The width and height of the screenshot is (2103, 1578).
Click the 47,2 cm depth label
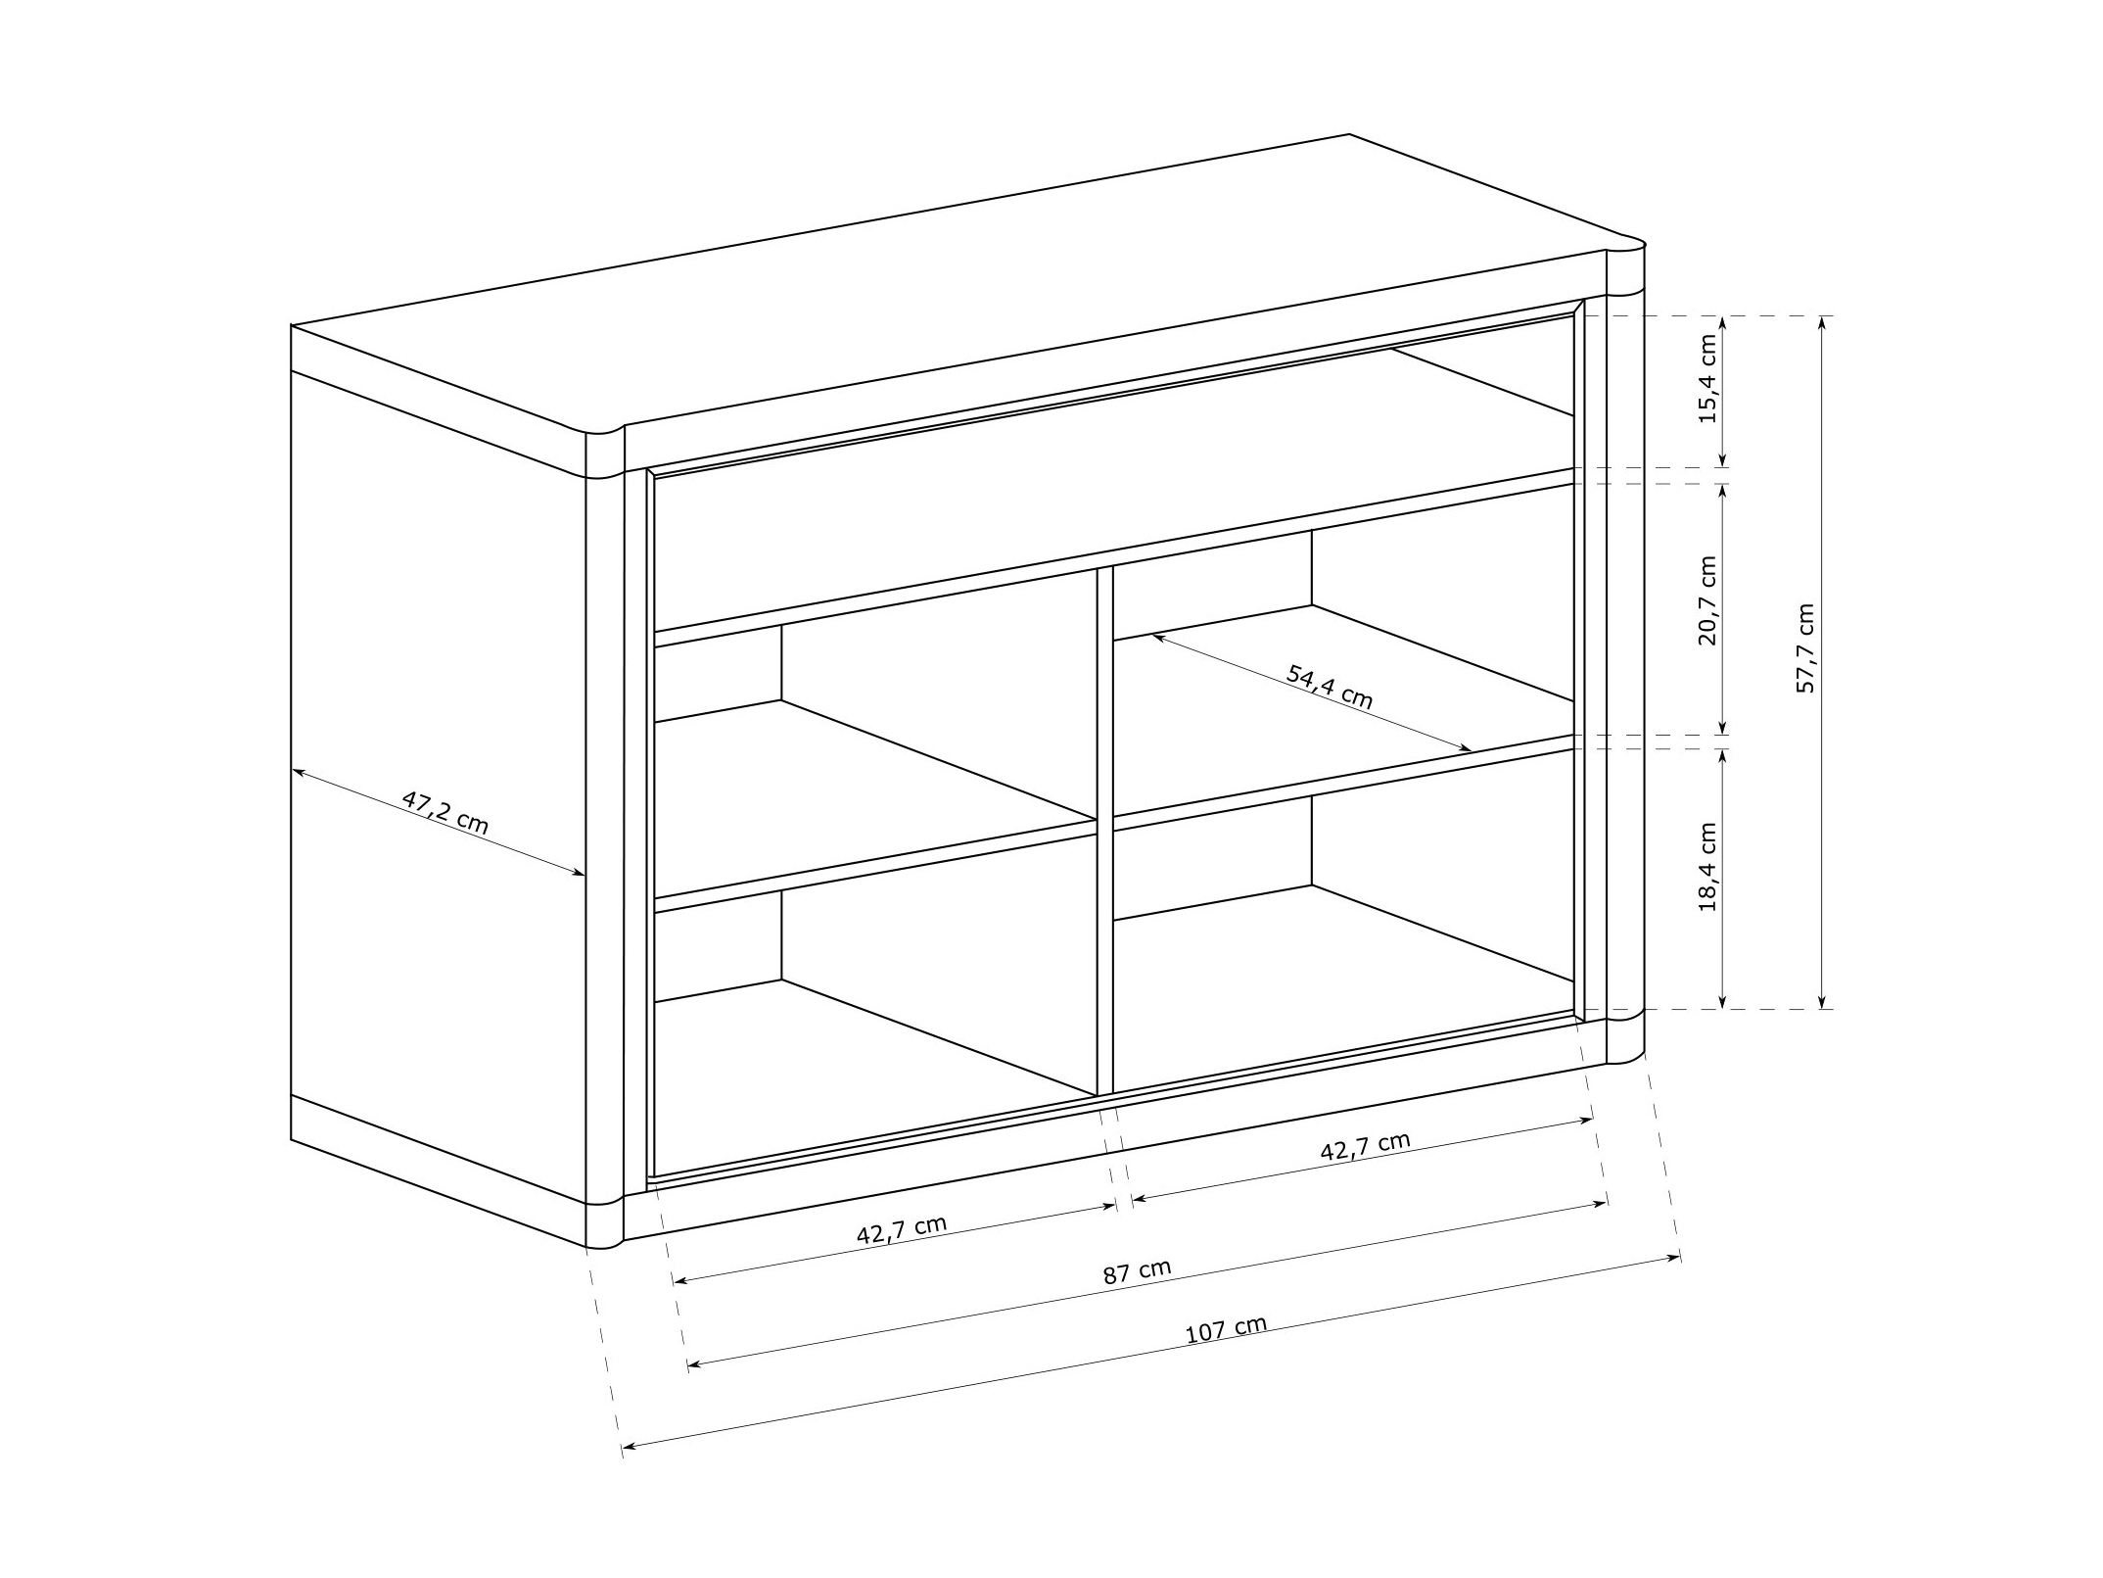click(444, 812)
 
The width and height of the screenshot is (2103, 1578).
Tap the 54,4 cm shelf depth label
click(1330, 687)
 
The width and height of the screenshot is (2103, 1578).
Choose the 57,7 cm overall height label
click(1804, 648)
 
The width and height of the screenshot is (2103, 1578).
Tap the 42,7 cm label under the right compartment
click(1365, 1146)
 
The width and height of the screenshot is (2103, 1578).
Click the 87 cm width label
click(1137, 1272)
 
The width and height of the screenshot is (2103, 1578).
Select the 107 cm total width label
click(1226, 1329)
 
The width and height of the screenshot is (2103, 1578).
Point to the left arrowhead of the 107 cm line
click(629, 1446)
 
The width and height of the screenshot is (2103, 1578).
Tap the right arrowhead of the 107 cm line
click(1673, 1259)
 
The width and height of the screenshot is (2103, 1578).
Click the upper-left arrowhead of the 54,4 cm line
click(1158, 638)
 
